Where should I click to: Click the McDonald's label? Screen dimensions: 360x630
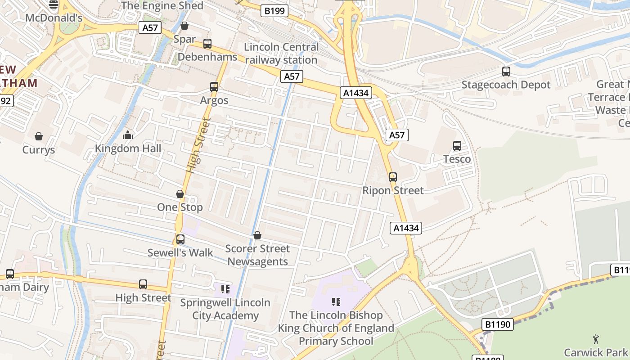tap(54, 18)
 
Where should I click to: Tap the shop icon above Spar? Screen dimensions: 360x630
tap(184, 26)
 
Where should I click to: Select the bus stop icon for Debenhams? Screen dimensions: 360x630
tap(207, 44)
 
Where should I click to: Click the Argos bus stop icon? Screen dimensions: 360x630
tap(214, 87)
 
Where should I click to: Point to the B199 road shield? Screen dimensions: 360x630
tap(274, 11)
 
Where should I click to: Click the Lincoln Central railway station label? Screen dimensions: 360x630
tap(281, 54)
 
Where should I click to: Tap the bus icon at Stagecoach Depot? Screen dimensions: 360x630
tap(506, 72)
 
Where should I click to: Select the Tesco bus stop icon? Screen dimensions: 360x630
tap(457, 146)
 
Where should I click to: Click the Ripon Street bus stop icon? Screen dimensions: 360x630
tap(393, 177)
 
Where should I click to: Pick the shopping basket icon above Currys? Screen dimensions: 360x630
tap(39, 136)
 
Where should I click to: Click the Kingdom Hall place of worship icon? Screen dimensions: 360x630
tap(128, 135)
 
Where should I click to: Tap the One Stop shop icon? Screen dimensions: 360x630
tap(180, 194)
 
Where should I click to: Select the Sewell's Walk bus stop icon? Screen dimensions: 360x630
tap(180, 239)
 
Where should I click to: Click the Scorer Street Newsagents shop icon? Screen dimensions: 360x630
tap(257, 235)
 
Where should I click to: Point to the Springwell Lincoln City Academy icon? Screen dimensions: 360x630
tap(225, 289)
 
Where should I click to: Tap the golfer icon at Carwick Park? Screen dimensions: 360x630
tap(596, 339)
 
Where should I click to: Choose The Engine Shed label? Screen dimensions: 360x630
tap(162, 6)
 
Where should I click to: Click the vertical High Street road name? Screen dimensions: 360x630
tap(198, 145)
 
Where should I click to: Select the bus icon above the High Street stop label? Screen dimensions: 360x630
tap(143, 284)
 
